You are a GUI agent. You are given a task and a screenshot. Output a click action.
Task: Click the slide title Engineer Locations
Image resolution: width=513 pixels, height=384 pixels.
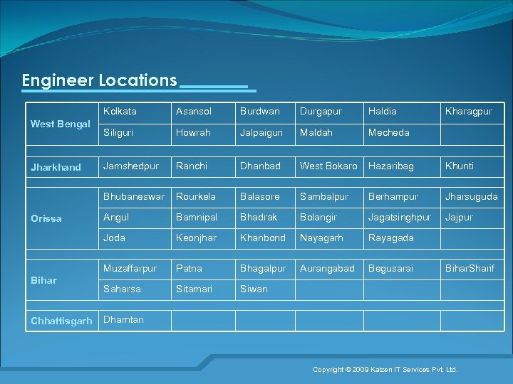click(x=99, y=80)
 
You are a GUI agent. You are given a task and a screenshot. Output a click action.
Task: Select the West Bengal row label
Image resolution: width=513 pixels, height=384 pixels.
click(x=61, y=124)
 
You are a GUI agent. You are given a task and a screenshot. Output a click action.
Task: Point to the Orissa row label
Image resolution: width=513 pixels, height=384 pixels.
click(x=46, y=218)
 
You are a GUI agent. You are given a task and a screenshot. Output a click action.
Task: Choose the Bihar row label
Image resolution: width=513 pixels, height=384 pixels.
click(x=43, y=280)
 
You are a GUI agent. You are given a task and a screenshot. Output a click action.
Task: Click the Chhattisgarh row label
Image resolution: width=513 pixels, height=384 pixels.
click(x=61, y=321)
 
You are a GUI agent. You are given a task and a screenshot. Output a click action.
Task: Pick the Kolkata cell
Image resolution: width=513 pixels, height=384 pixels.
click(x=120, y=112)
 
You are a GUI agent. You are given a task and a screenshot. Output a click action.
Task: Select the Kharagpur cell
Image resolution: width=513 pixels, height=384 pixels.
click(x=468, y=112)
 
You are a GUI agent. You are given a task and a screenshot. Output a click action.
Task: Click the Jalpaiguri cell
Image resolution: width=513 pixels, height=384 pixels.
click(x=261, y=132)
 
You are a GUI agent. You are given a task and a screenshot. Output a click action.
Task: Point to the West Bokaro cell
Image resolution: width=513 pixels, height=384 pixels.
click(x=328, y=166)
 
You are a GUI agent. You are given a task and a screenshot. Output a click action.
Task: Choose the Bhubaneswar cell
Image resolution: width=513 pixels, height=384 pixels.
click(x=134, y=196)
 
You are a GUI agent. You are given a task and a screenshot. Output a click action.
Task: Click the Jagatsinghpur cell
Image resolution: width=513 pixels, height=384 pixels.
click(x=399, y=217)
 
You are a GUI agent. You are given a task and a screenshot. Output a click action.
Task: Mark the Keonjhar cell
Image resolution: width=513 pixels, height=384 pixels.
click(x=196, y=238)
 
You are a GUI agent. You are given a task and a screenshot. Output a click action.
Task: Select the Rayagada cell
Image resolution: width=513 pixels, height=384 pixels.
click(x=390, y=238)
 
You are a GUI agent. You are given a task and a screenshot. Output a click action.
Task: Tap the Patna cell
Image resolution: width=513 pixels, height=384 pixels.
click(x=189, y=268)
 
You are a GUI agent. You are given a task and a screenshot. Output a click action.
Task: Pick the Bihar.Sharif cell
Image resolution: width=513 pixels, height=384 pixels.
click(x=469, y=268)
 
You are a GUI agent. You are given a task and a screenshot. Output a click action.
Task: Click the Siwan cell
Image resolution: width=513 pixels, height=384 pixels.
click(x=254, y=289)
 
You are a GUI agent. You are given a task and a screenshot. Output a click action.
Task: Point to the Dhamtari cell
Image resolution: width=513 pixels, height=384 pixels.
click(x=123, y=319)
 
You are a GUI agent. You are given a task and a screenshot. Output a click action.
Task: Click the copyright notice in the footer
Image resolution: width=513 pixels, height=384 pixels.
click(x=385, y=370)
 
